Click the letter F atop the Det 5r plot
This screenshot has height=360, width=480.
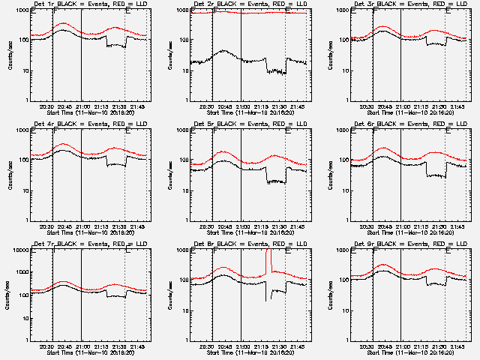pos(215,132)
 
